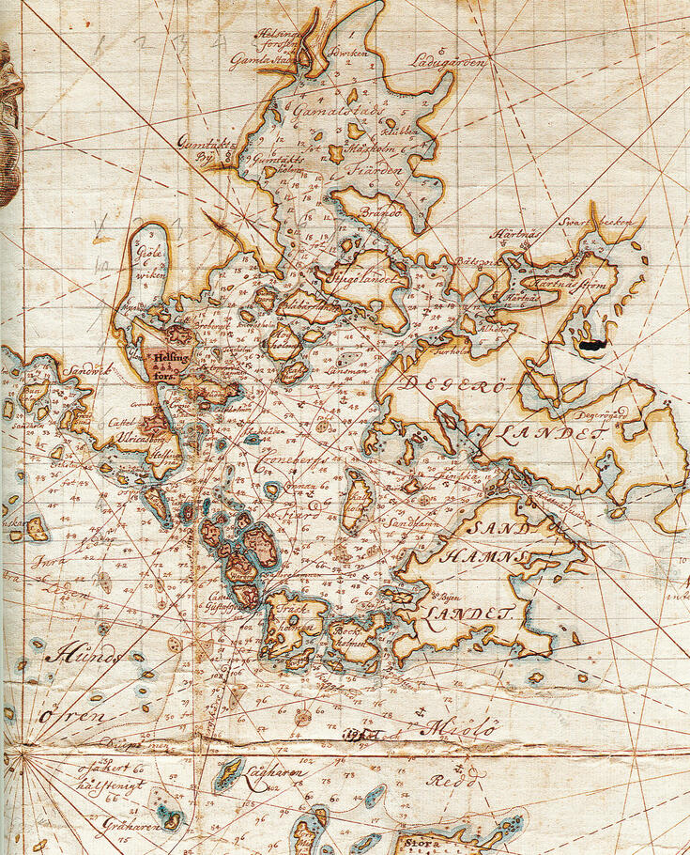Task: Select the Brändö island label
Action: tap(381, 213)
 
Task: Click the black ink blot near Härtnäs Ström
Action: tap(590, 345)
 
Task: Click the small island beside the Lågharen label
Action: tap(226, 777)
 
